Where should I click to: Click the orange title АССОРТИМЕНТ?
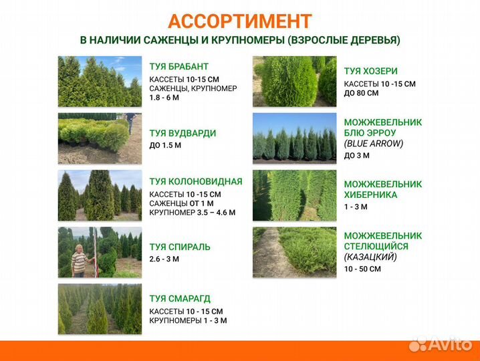240,21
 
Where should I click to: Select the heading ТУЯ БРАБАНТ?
179,67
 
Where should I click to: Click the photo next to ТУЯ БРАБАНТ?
100,81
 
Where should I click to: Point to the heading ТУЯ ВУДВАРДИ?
183,133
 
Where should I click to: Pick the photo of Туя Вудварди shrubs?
100,138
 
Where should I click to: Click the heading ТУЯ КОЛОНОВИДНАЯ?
196,181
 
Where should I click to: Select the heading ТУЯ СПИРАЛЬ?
180,247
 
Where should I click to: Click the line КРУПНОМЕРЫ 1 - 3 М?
188,321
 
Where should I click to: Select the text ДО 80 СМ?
361,93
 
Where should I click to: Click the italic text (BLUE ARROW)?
374,143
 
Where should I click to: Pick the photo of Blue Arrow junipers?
294,138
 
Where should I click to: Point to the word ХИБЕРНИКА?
370,195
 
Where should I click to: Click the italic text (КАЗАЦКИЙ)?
370,257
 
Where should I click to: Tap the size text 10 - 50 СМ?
362,269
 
